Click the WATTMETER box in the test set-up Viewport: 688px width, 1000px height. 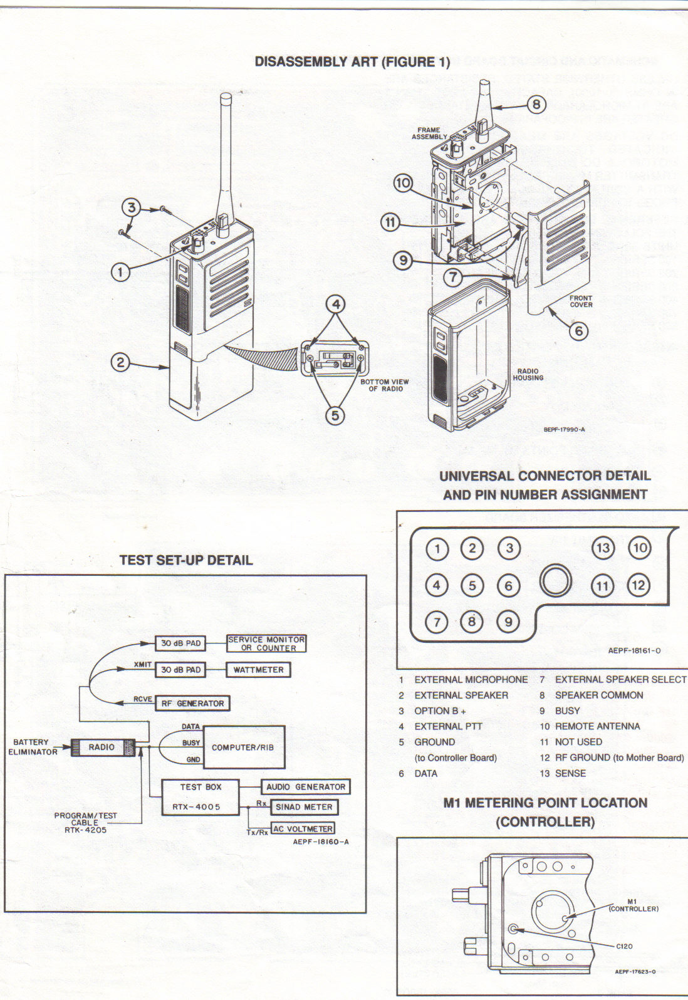[x=258, y=670]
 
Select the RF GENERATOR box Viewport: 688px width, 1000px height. [x=192, y=704]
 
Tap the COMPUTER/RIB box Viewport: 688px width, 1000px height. [x=243, y=747]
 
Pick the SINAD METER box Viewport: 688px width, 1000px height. [x=304, y=807]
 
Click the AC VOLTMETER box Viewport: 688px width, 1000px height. [x=303, y=828]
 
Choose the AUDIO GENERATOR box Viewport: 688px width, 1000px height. [x=305, y=786]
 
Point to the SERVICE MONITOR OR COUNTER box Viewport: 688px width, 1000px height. [x=266, y=643]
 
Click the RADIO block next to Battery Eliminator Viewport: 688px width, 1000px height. [x=102, y=747]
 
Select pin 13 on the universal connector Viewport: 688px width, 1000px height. [x=603, y=548]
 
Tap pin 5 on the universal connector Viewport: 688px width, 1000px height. [x=472, y=586]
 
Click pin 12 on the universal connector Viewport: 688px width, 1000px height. [x=638, y=586]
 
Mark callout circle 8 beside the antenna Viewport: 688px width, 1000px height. [x=536, y=104]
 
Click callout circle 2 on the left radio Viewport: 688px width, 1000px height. [x=120, y=362]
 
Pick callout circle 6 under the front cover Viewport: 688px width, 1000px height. [x=578, y=330]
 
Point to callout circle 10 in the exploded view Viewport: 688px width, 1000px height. [x=403, y=183]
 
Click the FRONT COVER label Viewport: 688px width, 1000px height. [x=581, y=301]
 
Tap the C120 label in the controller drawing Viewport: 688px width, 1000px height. [x=624, y=946]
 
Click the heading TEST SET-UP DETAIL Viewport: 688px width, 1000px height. [x=186, y=560]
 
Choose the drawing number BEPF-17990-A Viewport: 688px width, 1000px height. [x=564, y=430]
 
